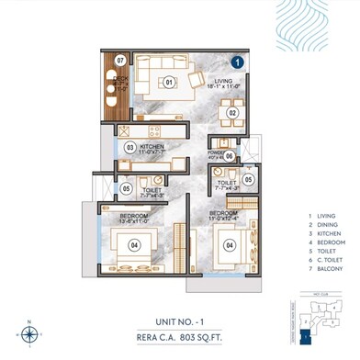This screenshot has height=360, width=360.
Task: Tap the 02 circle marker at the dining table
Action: (x=233, y=113)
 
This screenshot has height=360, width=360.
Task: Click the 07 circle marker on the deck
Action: (x=120, y=63)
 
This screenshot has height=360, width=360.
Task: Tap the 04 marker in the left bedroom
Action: (x=134, y=244)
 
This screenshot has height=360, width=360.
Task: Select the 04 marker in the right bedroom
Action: (x=231, y=244)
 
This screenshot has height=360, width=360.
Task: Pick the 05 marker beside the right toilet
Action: (x=249, y=179)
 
